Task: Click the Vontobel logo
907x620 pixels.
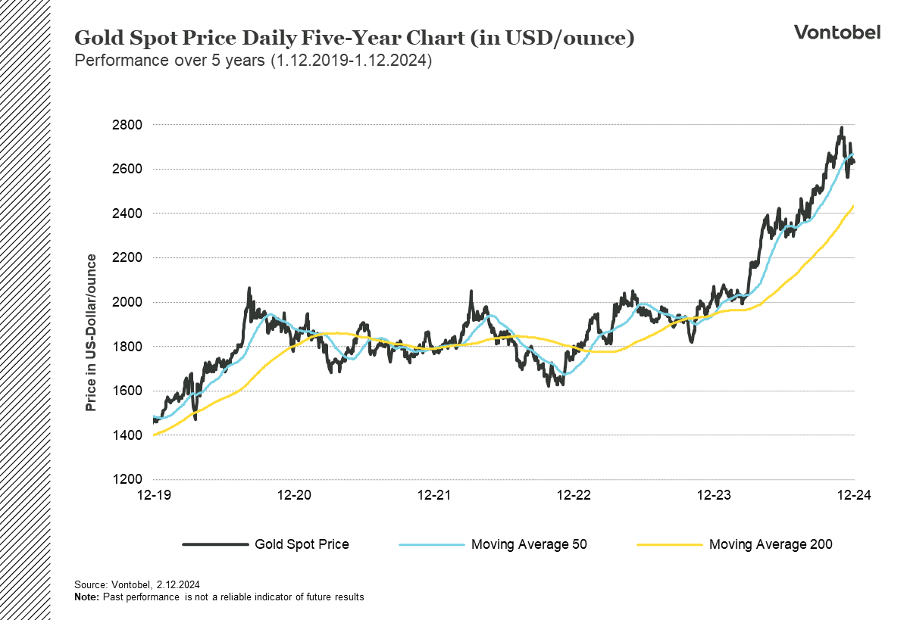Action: pyautogui.click(x=837, y=32)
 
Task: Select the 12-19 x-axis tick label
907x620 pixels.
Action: pyautogui.click(x=154, y=495)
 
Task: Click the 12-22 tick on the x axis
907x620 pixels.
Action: pyautogui.click(x=574, y=495)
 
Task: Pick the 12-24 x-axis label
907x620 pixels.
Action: pyautogui.click(x=854, y=495)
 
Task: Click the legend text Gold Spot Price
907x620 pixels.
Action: pyautogui.click(x=302, y=544)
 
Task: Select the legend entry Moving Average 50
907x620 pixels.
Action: pyautogui.click(x=529, y=544)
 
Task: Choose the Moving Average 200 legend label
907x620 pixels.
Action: pyautogui.click(x=771, y=544)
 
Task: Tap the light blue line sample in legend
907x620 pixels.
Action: pyautogui.click(x=430, y=544)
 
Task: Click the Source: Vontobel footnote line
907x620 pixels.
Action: pyautogui.click(x=136, y=584)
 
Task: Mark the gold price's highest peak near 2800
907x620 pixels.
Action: pyautogui.click(x=841, y=128)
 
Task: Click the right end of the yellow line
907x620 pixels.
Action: pyautogui.click(x=854, y=206)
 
